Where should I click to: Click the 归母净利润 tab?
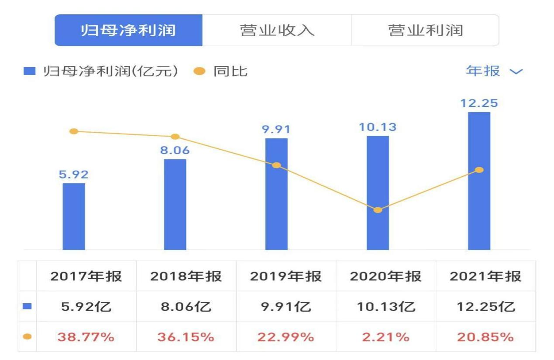[128, 30]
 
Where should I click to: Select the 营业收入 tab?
[277, 30]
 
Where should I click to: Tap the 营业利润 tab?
[425, 30]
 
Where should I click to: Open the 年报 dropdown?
[494, 71]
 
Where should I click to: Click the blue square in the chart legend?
[29, 71]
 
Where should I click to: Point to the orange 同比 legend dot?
[199, 71]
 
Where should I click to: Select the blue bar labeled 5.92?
[74, 216]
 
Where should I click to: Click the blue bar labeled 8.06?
[175, 204]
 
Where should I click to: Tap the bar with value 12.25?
[479, 181]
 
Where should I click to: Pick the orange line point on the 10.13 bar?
[378, 210]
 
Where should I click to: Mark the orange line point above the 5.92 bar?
[74, 131]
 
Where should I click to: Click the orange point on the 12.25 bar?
[479, 170]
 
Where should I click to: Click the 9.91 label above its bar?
[276, 130]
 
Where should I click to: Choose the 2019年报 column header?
[286, 276]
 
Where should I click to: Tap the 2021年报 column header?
[485, 276]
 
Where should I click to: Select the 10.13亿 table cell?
[385, 307]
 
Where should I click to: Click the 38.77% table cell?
[86, 337]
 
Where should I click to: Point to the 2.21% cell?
[385, 337]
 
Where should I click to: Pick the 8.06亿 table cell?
[186, 307]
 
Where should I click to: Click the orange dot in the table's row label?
[27, 337]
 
